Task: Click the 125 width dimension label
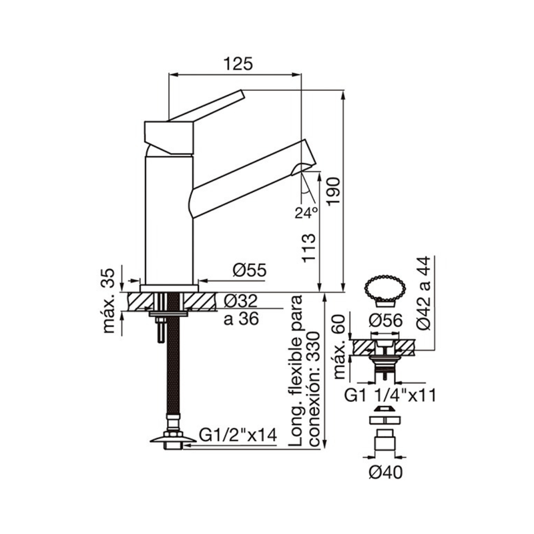point(238,63)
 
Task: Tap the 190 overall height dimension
point(332,191)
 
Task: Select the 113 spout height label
point(309,248)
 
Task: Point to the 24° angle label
point(306,213)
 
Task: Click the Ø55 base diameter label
point(249,270)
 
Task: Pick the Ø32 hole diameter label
point(241,301)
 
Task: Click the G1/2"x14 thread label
point(238,435)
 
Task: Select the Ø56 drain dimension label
point(386,320)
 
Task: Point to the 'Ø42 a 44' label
point(424,293)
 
